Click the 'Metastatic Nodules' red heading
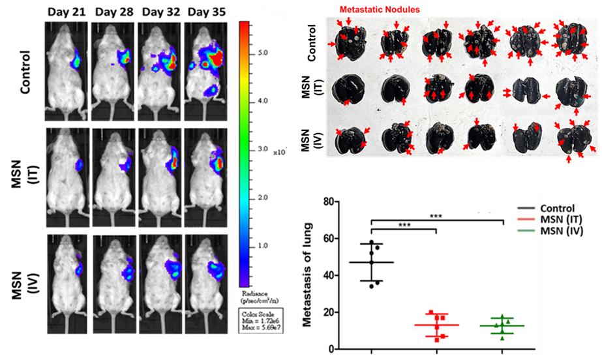[379, 10]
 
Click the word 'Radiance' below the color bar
[252, 294]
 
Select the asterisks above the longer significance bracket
[437, 215]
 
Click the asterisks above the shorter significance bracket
[403, 224]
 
